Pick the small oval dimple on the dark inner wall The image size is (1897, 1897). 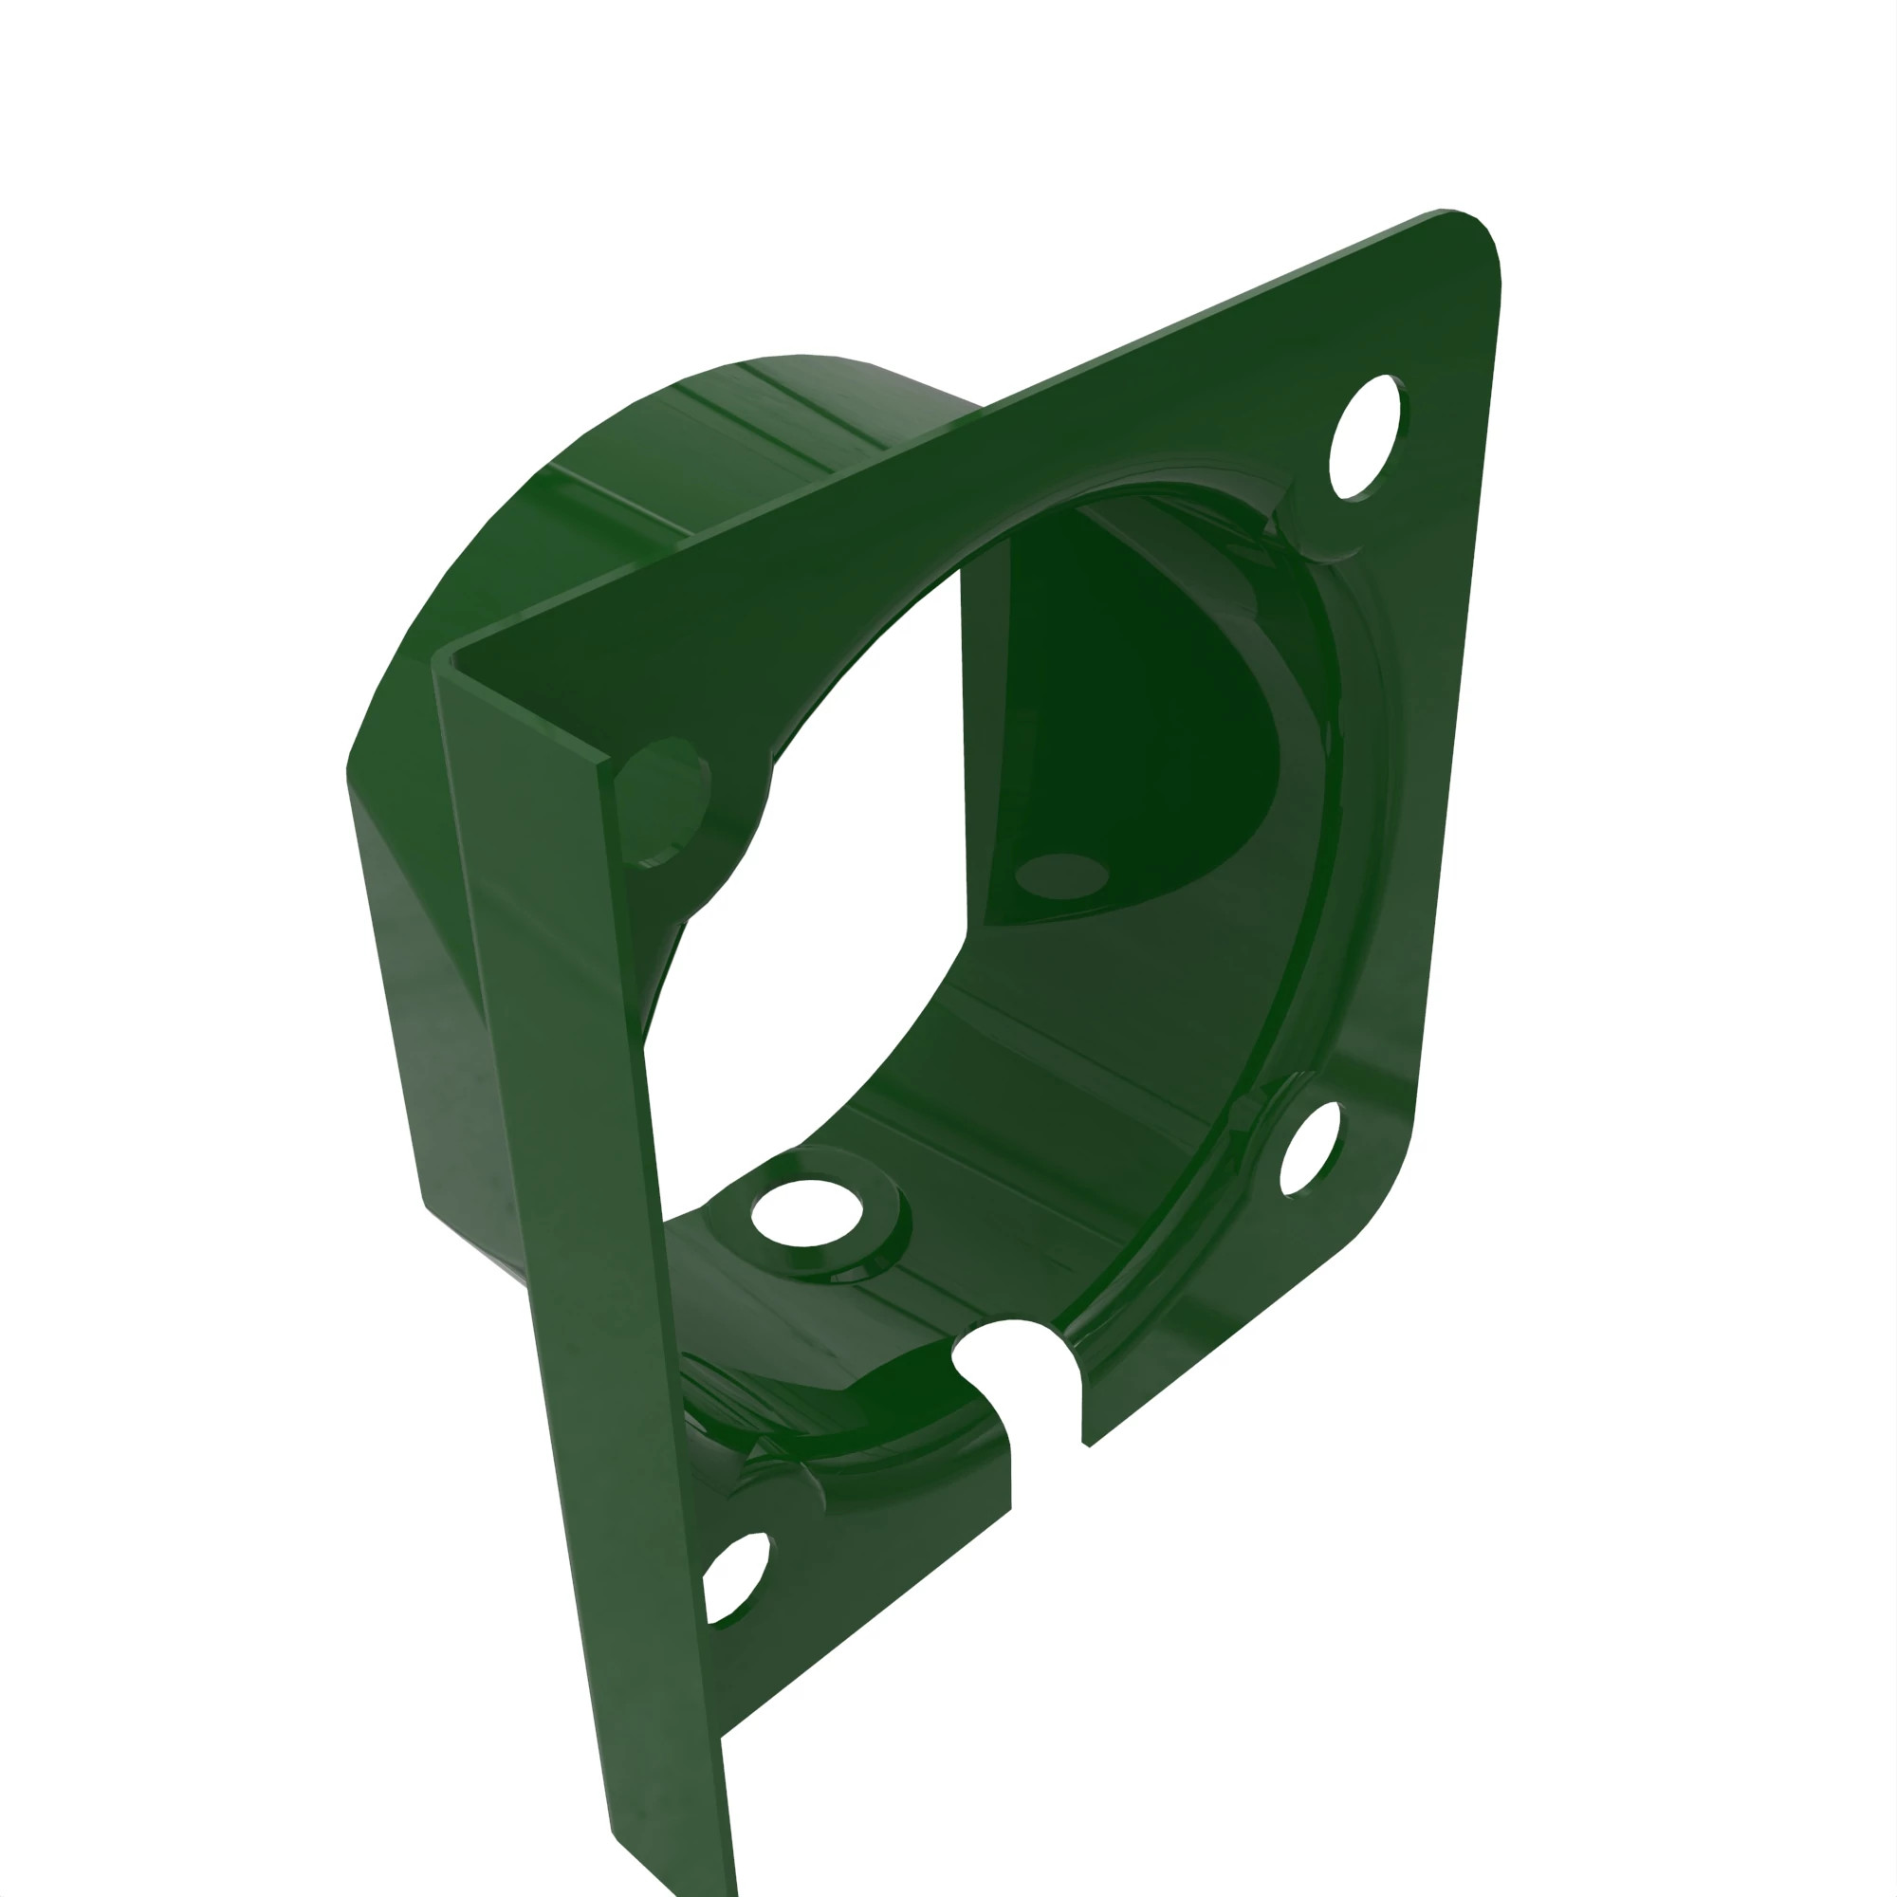click(x=1060, y=874)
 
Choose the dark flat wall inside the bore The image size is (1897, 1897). click(x=1129, y=707)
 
